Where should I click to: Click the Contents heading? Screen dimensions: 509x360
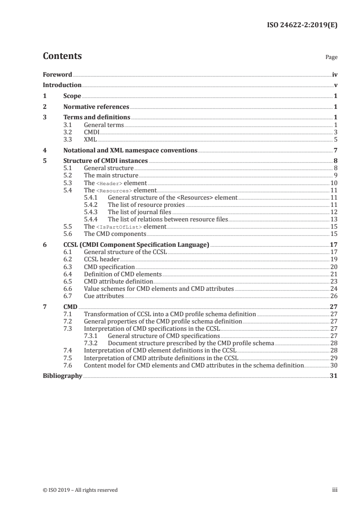coord(62,56)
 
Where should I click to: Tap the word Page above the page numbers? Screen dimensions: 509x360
coord(331,58)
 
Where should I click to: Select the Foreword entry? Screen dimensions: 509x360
coord(57,74)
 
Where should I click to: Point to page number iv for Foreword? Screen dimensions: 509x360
coord(335,74)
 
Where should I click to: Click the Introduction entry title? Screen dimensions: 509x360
coord(62,85)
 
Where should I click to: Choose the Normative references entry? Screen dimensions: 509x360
coord(96,107)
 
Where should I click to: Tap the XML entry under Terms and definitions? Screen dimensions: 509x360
coord(90,139)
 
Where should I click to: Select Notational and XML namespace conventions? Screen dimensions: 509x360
coord(130,150)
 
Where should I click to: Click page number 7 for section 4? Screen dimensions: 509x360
coord(336,150)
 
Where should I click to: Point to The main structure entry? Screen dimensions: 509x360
coord(111,175)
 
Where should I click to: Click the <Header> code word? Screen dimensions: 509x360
coord(109,183)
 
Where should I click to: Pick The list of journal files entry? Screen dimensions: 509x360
coord(139,212)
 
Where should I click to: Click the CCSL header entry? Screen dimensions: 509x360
coord(102,259)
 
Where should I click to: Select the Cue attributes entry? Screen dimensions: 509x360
coord(104,296)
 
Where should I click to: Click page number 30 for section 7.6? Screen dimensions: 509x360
coord(334,365)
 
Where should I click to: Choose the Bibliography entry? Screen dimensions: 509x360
coord(62,376)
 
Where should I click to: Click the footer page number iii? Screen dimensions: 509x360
coord(335,490)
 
